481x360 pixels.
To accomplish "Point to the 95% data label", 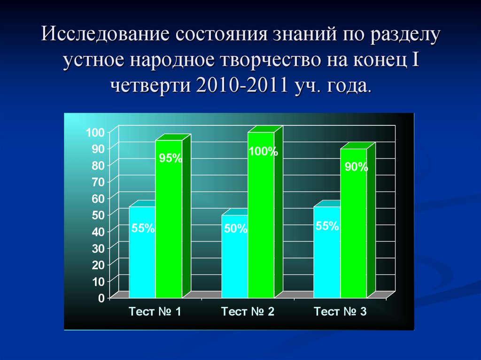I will [170, 158].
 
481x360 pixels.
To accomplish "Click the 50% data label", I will [235, 229].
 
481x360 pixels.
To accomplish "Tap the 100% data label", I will [263, 152].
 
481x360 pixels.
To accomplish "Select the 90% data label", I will [356, 167].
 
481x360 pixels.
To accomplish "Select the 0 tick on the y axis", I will [101, 298].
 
